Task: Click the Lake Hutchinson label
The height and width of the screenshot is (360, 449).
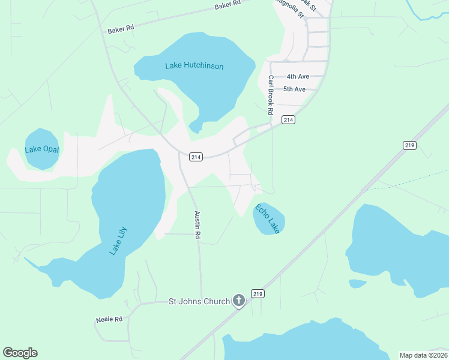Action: [194, 66]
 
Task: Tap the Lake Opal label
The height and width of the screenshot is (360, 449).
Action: [42, 149]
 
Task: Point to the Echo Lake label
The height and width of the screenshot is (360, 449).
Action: [267, 219]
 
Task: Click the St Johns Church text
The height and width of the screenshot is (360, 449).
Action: [199, 301]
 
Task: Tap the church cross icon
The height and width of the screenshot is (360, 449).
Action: [239, 301]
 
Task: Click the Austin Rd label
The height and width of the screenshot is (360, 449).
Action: [196, 225]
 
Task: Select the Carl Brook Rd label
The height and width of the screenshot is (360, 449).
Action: [271, 95]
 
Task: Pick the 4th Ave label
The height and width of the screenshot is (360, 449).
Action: [297, 77]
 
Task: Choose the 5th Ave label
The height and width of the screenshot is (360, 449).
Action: [295, 89]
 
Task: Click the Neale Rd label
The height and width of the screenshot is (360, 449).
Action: [109, 320]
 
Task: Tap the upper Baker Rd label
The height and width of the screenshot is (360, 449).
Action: [228, 5]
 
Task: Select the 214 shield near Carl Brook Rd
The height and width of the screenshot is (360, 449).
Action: [288, 120]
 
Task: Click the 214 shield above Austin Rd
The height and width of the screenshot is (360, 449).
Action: [195, 157]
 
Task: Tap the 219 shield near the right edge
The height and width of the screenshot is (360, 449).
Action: [409, 145]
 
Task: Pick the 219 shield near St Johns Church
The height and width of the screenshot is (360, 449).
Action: [258, 294]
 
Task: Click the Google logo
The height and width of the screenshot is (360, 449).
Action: [20, 353]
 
